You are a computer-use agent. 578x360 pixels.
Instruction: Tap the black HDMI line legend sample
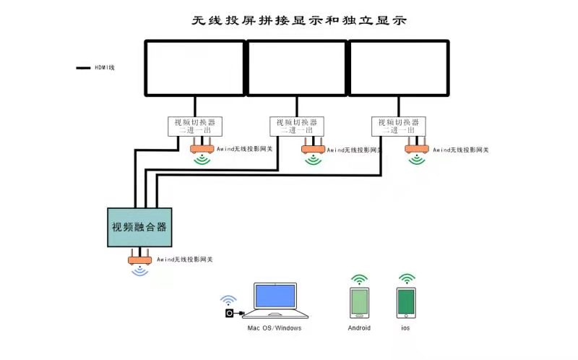click(82, 68)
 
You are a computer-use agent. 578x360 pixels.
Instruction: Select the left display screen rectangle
click(195, 68)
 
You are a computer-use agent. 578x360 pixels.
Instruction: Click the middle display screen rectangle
click(297, 68)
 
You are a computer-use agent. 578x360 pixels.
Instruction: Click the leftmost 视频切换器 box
click(195, 126)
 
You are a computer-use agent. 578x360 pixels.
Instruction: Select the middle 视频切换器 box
click(297, 126)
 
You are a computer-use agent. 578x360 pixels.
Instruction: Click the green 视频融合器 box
click(139, 226)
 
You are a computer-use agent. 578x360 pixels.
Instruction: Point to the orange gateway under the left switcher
click(202, 149)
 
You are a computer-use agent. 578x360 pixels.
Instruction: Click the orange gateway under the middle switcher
click(313, 149)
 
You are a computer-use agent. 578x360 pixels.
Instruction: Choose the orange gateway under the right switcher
click(416, 149)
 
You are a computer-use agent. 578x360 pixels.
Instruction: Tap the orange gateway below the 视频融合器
click(139, 259)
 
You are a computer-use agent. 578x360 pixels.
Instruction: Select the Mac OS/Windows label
click(275, 328)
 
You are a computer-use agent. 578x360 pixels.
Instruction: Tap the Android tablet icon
click(359, 303)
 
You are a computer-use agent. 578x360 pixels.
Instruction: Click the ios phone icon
click(406, 303)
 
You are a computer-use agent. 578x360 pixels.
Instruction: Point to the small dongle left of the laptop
click(230, 313)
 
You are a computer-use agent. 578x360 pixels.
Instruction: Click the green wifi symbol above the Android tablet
click(359, 279)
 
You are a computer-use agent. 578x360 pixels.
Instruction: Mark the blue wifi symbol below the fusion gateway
click(139, 272)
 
